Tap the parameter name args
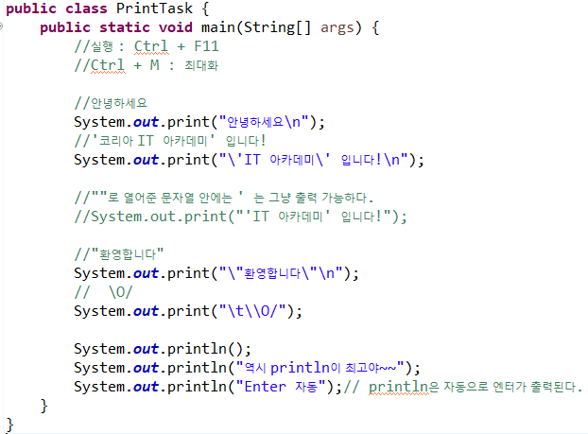pos(337,27)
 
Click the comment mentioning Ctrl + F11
pos(151,46)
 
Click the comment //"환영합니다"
pos(119,254)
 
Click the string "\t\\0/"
pos(258,311)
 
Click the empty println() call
pos(163,349)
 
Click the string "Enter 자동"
pos(281,387)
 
